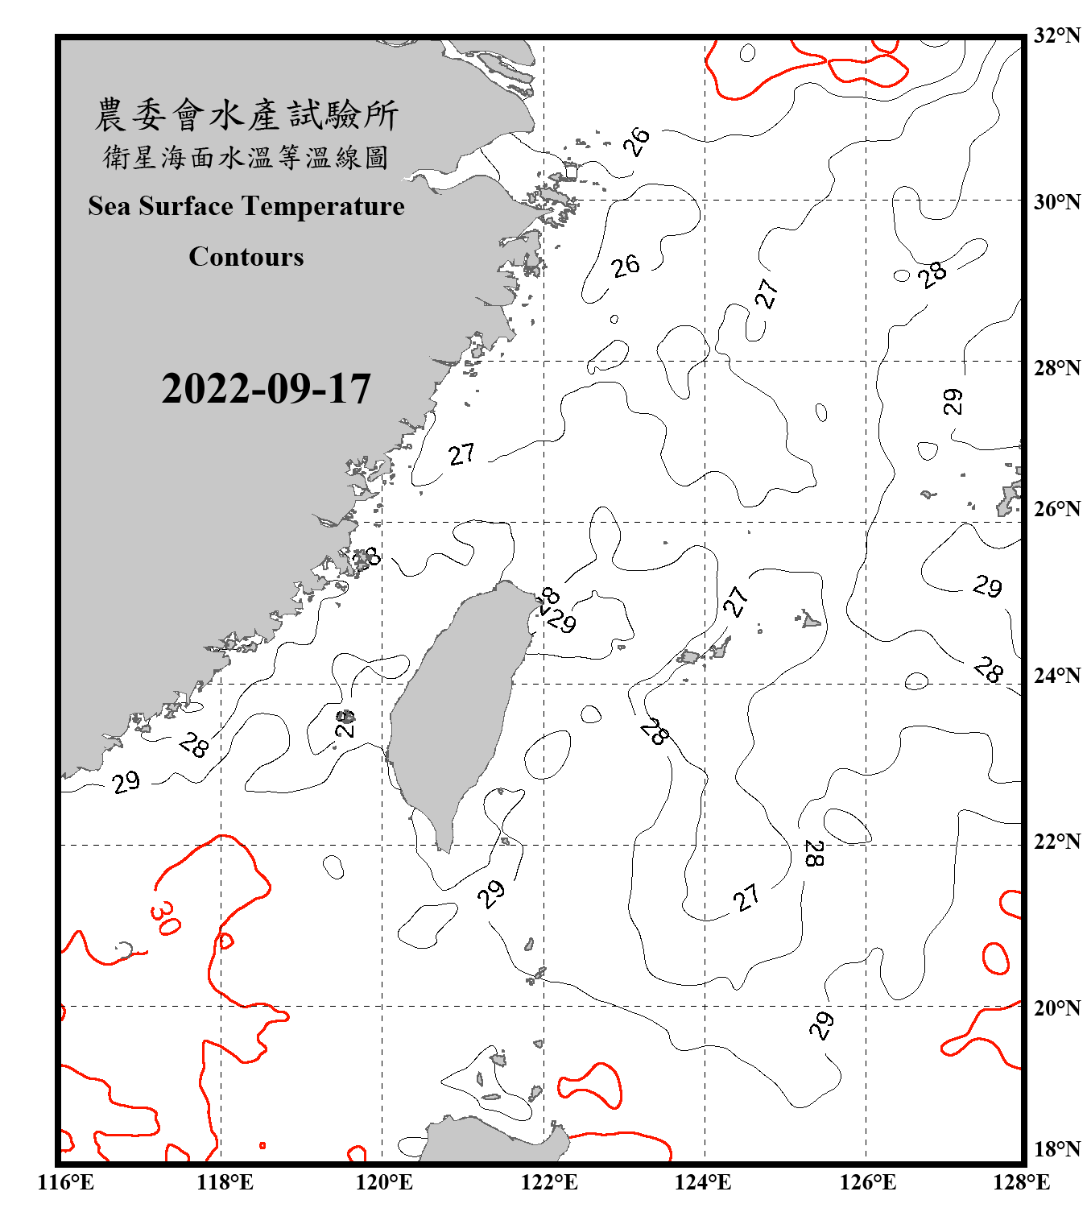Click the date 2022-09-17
point(266,389)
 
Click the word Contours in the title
point(246,257)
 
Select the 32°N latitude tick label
point(1056,35)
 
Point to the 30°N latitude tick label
point(1056,201)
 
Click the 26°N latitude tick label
point(1056,509)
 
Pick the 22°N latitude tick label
point(1056,842)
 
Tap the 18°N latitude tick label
point(1056,1149)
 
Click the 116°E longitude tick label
point(66,1182)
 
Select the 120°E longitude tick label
point(384,1182)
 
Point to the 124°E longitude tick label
point(703,1182)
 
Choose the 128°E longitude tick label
point(1021,1182)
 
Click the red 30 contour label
point(164,918)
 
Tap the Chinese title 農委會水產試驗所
point(246,115)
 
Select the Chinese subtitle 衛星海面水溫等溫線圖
point(246,157)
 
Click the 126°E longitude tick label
point(867,1182)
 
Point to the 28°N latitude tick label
point(1056,368)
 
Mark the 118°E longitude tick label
point(225,1182)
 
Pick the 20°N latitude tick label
point(1056,1007)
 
